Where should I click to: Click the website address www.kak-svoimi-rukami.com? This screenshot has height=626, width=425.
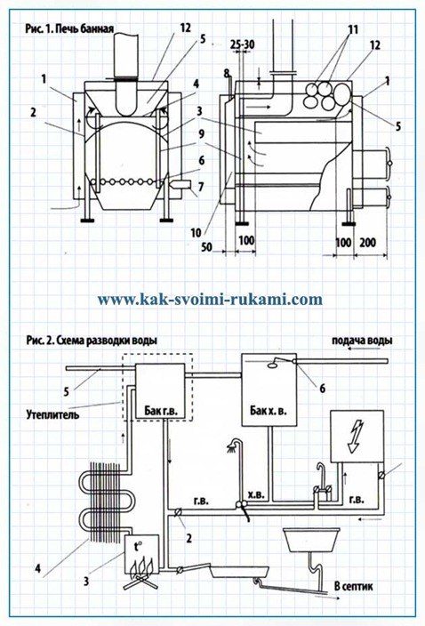point(210,300)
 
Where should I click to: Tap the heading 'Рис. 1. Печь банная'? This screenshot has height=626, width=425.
point(69,28)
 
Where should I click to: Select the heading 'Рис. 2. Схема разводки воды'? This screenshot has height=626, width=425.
point(92,341)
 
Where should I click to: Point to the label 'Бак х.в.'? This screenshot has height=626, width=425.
point(269,410)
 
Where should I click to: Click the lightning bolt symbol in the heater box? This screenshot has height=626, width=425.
point(356,437)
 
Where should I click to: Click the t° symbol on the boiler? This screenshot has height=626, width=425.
point(138,547)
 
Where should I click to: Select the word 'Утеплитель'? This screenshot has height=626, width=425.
point(52,414)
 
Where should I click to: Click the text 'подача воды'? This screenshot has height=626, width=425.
point(362,341)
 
